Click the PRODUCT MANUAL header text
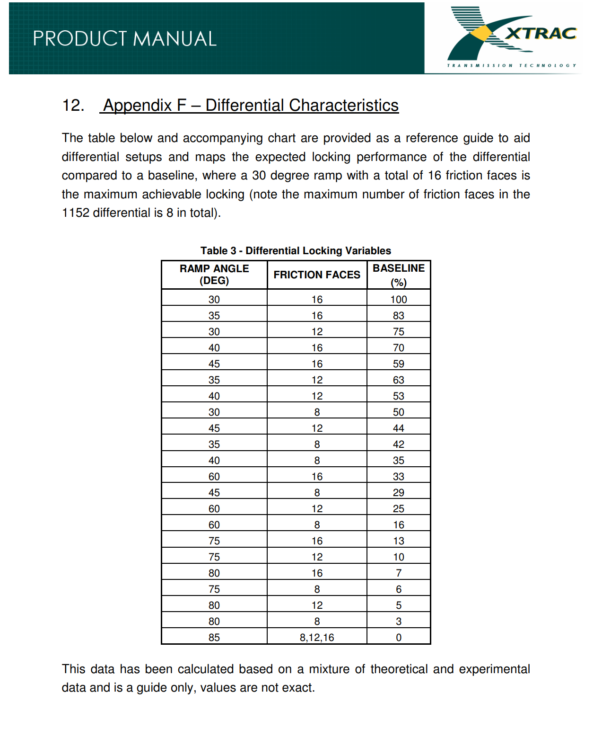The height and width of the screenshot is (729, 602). pos(124,39)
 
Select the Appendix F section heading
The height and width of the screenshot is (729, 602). pos(251,105)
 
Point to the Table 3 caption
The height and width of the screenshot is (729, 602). pos(296,250)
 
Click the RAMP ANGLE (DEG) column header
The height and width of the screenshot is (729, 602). pos(214,275)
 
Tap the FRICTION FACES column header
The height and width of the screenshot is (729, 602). pos(317,275)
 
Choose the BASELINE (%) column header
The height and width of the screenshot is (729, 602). pos(399,275)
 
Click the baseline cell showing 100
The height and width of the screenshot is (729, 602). pos(399,299)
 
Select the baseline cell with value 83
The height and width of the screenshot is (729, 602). pos(399,315)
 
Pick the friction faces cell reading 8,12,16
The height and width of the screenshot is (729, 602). pos(317,637)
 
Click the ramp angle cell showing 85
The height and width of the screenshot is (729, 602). pos(214,637)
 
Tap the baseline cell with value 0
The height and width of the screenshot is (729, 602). pos(399,637)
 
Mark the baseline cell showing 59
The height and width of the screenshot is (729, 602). pos(399,364)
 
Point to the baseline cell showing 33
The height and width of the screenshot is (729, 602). pos(399,476)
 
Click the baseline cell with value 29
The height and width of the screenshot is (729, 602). pos(399,492)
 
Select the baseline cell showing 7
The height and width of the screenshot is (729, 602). pos(399,573)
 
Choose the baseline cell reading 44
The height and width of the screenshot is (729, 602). pos(399,428)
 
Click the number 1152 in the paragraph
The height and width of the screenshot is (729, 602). pos(76,213)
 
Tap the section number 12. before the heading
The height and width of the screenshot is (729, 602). pos(73,105)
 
